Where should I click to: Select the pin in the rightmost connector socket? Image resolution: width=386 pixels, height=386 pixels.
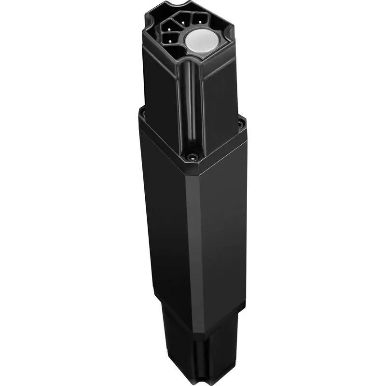point(196,20)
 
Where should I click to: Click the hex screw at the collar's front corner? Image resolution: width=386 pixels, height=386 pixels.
point(193,156)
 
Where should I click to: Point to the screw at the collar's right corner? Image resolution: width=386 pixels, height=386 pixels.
point(240,124)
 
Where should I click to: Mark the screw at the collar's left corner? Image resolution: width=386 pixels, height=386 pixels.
point(142,114)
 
